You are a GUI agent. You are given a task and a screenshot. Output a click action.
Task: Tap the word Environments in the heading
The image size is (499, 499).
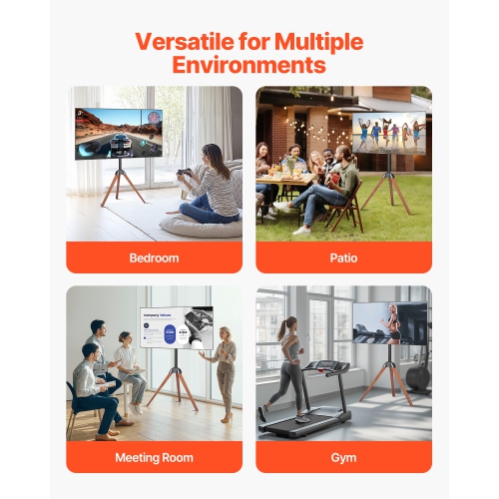(x=249, y=66)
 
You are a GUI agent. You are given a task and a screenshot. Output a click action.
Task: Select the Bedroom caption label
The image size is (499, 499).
(x=154, y=257)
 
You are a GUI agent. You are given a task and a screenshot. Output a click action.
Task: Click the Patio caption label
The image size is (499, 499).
(x=344, y=257)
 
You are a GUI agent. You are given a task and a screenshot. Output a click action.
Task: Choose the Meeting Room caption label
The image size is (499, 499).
(x=154, y=457)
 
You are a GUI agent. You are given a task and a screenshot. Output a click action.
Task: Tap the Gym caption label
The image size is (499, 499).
(x=344, y=457)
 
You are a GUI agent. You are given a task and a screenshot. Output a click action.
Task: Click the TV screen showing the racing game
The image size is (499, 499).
(x=119, y=134)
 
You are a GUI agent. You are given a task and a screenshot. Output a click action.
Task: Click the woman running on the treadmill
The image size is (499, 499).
(x=286, y=364)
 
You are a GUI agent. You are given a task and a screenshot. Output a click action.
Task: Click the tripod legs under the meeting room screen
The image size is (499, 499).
(x=172, y=384)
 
